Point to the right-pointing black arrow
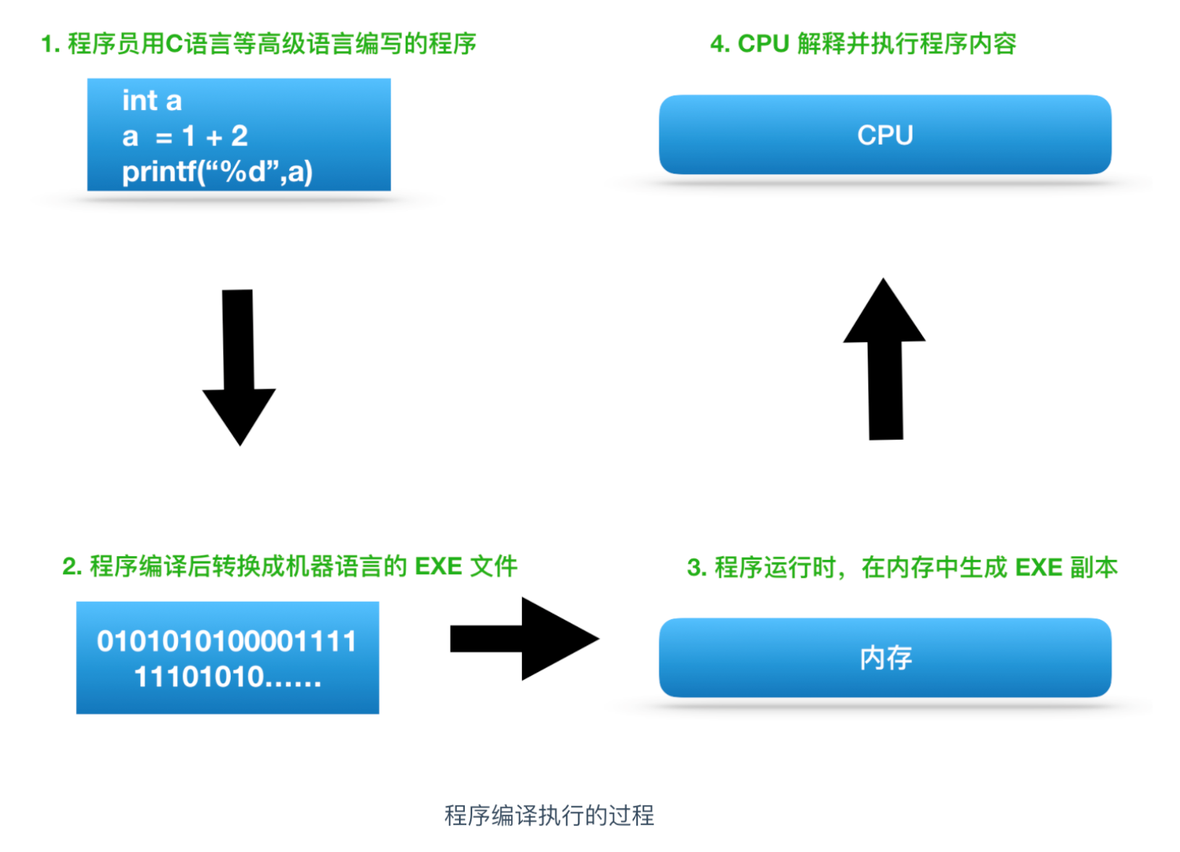pos(524,639)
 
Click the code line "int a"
pos(152,101)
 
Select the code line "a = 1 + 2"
pos(185,136)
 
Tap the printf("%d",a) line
pos(217,172)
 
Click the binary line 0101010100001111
pos(227,642)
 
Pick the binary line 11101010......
pos(227,677)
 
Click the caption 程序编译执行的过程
pos(549,815)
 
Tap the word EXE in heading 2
pos(438,566)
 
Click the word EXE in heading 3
pos(1038,568)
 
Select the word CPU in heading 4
pos(763,44)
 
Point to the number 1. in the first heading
pos(50,44)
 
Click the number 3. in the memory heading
pos(696,568)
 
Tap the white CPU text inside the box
pos(885,135)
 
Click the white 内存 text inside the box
pos(886,658)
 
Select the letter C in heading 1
pos(174,44)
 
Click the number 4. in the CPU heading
pos(719,44)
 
